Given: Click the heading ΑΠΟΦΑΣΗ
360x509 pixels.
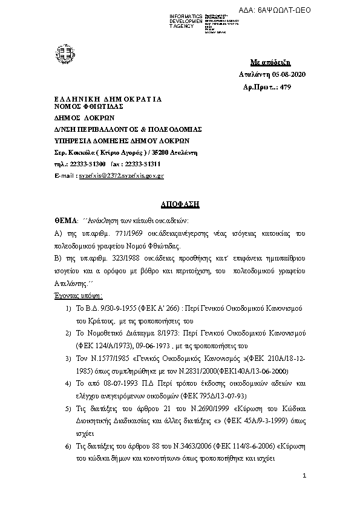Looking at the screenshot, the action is [180, 204].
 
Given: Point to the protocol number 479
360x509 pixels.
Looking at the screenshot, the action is [286, 87].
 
